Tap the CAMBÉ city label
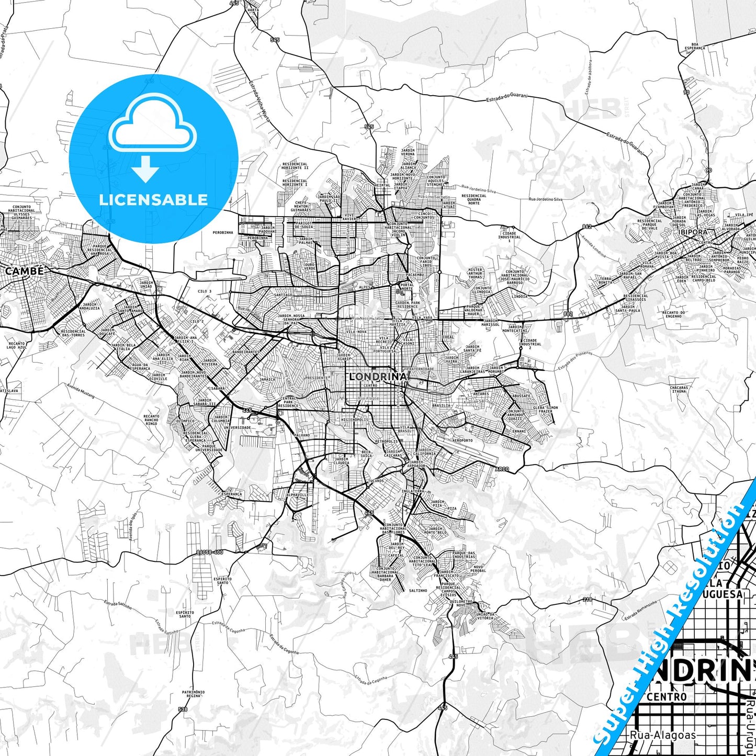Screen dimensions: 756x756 pyautogui.click(x=25, y=271)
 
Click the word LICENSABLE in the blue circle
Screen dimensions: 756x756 pyautogui.click(x=153, y=200)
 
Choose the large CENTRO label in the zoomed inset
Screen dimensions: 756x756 pyautogui.click(x=667, y=697)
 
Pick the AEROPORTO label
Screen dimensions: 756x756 pyautogui.click(x=462, y=441)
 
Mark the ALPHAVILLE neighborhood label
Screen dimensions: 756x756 pyautogui.click(x=297, y=494)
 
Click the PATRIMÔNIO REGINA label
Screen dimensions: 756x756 pyautogui.click(x=194, y=694)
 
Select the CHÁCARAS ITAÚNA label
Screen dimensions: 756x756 pyautogui.click(x=679, y=389)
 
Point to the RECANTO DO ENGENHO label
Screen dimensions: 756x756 pyautogui.click(x=674, y=314)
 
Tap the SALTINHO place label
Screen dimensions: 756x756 pyautogui.click(x=418, y=590)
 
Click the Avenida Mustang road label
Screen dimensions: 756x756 pyautogui.click(x=81, y=391)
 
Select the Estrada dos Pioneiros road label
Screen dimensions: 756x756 pyautogui.click(x=574, y=360)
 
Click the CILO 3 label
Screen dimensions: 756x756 pyautogui.click(x=205, y=291)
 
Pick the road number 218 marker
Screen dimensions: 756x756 pyautogui.click(x=588, y=600)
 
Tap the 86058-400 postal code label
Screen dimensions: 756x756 pyautogui.click(x=210, y=552)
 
